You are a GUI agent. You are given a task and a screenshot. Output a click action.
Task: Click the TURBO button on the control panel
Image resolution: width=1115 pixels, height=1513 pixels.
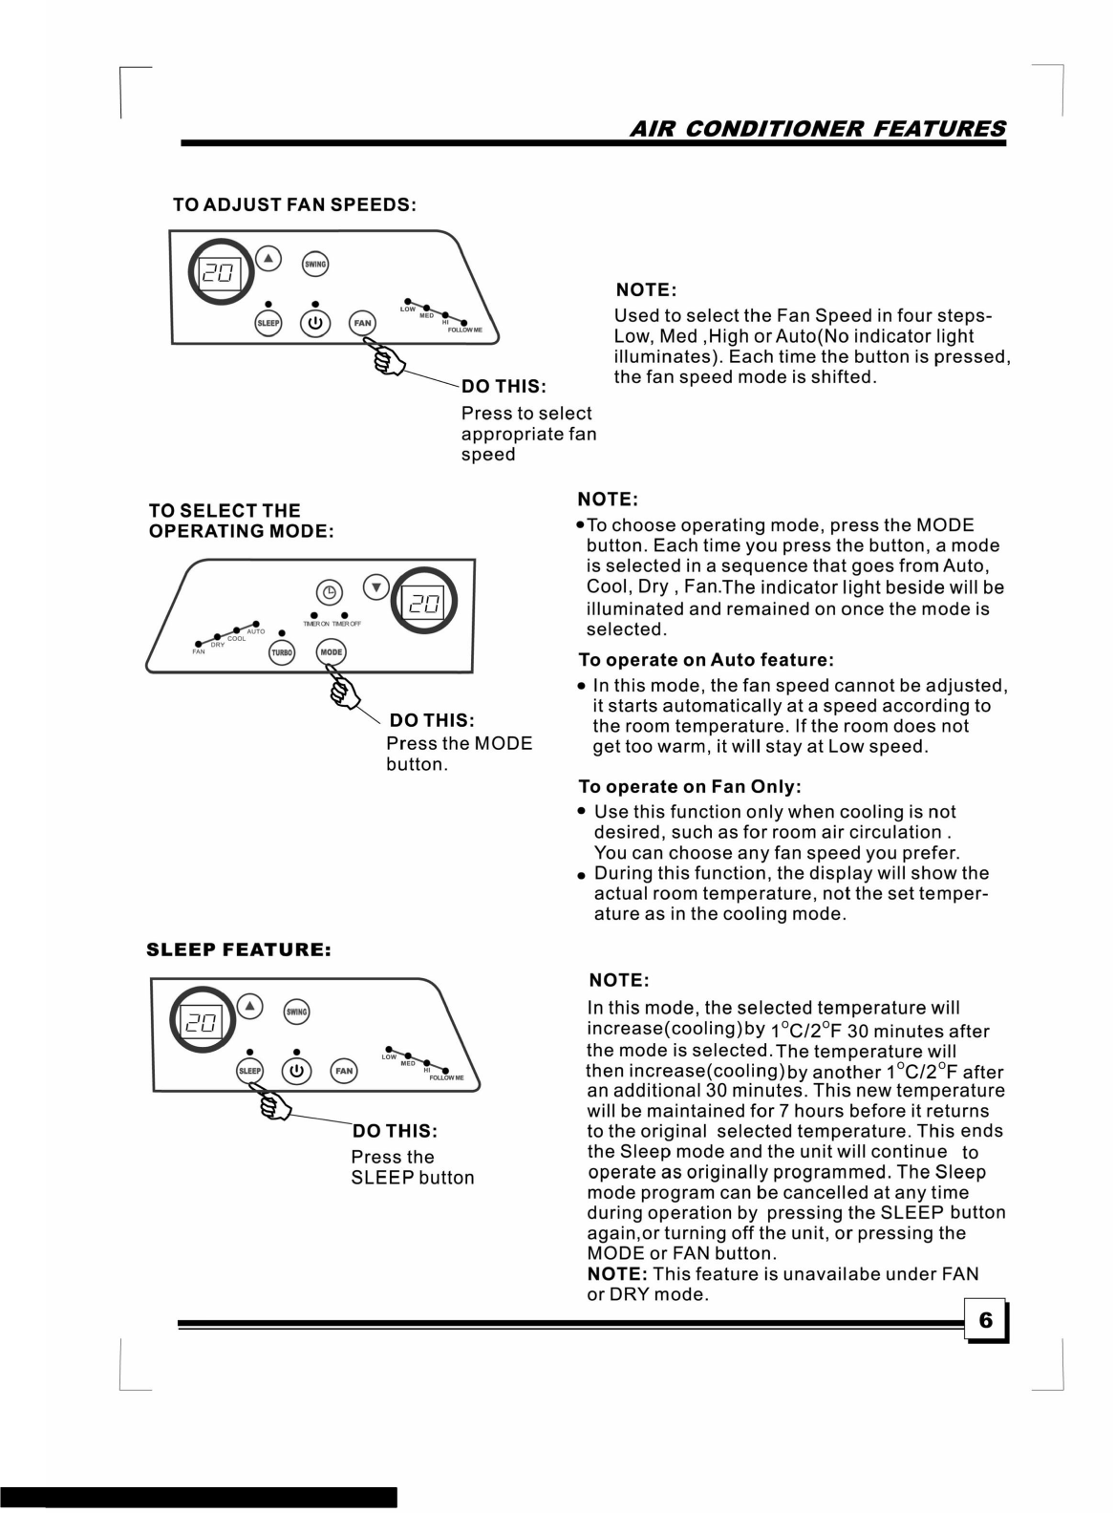click(x=282, y=653)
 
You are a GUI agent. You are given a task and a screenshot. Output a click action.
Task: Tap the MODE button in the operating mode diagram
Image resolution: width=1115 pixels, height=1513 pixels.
click(x=331, y=652)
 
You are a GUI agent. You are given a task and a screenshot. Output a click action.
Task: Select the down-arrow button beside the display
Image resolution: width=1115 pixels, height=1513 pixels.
click(x=376, y=587)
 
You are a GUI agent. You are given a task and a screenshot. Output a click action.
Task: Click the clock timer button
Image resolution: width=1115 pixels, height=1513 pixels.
click(x=329, y=592)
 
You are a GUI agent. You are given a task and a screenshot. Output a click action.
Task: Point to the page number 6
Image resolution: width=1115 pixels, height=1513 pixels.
click(x=985, y=1320)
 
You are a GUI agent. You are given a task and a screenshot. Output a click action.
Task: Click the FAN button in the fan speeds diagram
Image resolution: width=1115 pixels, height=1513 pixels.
click(x=363, y=323)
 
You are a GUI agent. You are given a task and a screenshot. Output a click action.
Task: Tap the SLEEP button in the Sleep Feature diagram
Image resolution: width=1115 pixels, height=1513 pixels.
click(x=250, y=1071)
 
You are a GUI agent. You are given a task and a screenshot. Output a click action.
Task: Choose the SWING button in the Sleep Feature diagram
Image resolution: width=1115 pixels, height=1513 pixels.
click(x=297, y=1012)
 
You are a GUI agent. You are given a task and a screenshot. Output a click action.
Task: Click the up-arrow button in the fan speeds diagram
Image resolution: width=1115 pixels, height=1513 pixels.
click(x=269, y=258)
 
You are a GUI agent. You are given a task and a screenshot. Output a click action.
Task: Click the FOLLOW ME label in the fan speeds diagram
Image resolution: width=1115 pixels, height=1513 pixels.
click(x=465, y=330)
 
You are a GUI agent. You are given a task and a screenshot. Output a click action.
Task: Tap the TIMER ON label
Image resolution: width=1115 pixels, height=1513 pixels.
click(x=316, y=624)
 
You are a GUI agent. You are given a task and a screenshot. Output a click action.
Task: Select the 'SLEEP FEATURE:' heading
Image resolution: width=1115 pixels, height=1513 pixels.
click(x=238, y=949)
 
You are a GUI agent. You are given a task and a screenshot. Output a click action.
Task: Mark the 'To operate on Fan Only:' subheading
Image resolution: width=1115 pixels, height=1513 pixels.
click(x=689, y=786)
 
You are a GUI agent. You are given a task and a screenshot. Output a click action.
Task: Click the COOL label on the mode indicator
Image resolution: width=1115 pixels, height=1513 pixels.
click(x=236, y=638)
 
